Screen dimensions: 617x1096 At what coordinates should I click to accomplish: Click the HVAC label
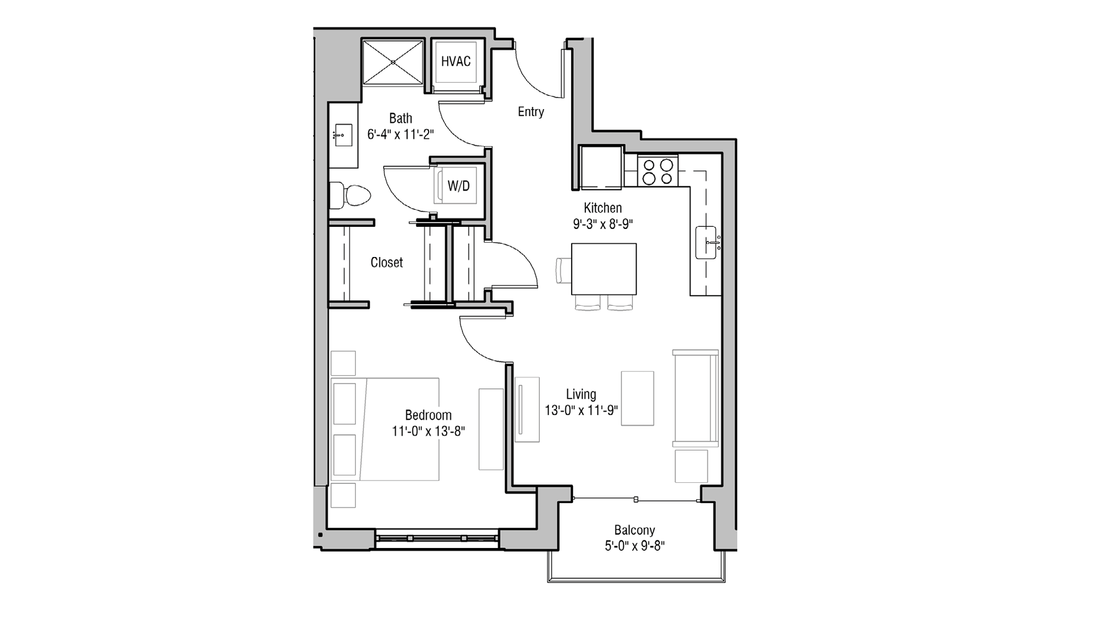pyautogui.click(x=455, y=61)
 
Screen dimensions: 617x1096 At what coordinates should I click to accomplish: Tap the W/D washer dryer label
pyautogui.click(x=458, y=186)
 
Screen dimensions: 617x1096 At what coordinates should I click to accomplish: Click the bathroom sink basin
pyautogui.click(x=344, y=135)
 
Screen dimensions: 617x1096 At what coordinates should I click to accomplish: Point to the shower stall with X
pyautogui.click(x=393, y=62)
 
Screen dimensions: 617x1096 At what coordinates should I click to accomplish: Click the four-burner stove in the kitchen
pyautogui.click(x=658, y=171)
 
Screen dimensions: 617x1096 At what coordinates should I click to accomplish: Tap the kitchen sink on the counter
pyautogui.click(x=706, y=242)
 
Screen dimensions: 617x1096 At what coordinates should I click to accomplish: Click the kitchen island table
pyautogui.click(x=603, y=269)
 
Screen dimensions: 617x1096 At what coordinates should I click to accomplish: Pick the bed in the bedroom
pyautogui.click(x=385, y=429)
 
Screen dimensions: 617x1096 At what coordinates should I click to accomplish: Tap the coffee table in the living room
pyautogui.click(x=637, y=398)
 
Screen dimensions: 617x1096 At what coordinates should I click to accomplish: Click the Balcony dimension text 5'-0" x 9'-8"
pyautogui.click(x=635, y=546)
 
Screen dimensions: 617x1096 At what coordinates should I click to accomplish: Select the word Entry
pyautogui.click(x=530, y=112)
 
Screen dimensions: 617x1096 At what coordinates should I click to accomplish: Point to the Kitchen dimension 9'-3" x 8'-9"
pyautogui.click(x=603, y=224)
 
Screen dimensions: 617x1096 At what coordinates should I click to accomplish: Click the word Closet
pyautogui.click(x=386, y=262)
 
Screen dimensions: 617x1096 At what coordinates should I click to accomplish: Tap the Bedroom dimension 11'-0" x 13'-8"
pyautogui.click(x=428, y=431)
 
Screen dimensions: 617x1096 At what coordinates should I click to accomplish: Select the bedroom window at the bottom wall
pyautogui.click(x=437, y=538)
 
